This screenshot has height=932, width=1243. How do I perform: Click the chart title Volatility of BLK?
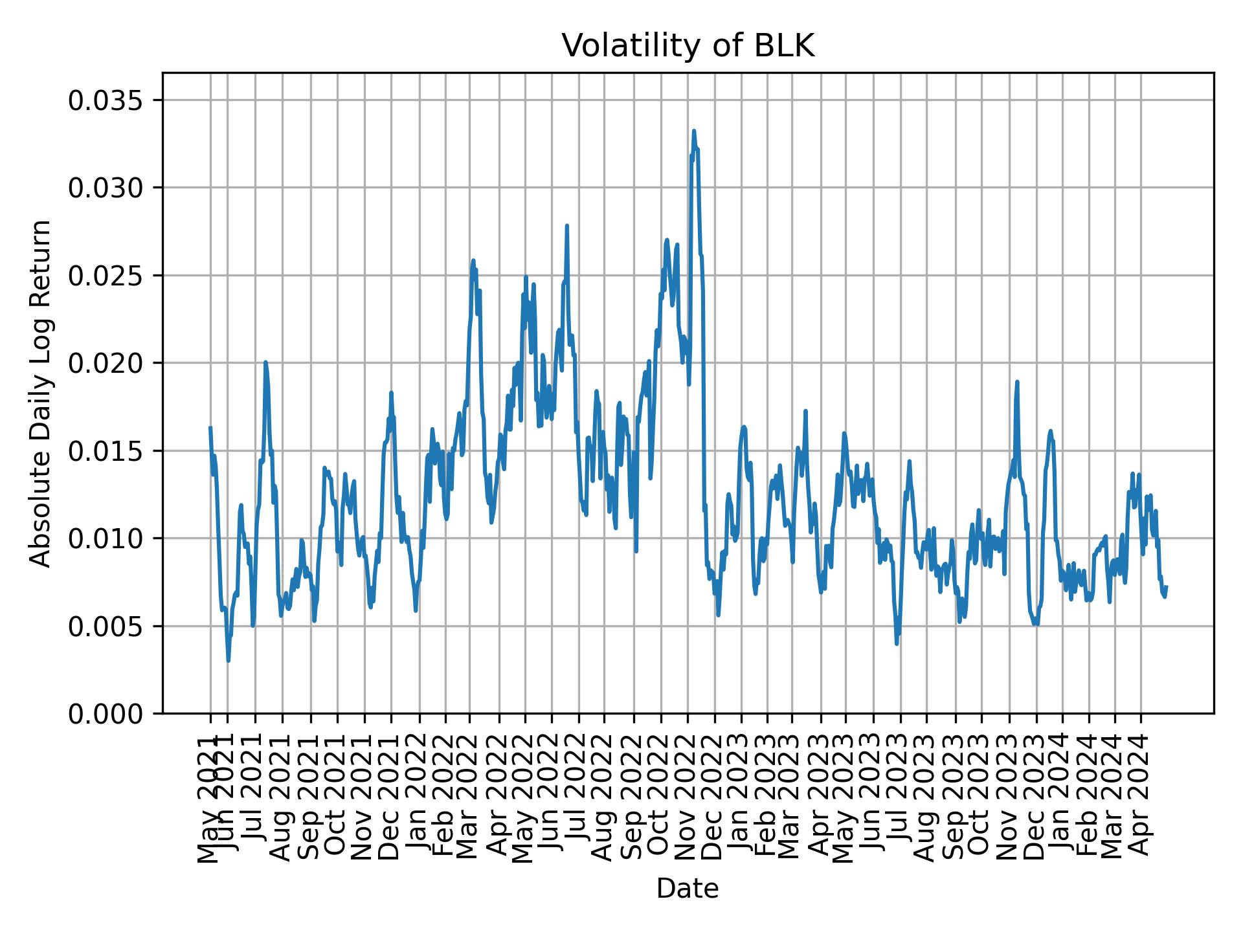(x=688, y=46)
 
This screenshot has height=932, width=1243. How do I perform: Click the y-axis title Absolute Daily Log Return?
(x=41, y=393)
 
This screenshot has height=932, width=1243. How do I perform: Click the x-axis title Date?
(x=688, y=889)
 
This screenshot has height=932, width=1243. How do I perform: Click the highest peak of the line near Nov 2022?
(x=694, y=131)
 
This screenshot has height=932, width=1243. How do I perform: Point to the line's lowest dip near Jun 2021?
(x=228, y=660)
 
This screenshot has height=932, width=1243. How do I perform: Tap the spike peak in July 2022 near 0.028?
(x=567, y=226)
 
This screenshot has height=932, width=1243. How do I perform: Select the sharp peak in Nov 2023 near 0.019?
(x=1017, y=382)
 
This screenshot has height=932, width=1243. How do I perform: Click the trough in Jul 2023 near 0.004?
(x=897, y=643)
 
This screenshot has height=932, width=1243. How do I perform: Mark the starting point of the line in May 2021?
(x=210, y=428)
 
